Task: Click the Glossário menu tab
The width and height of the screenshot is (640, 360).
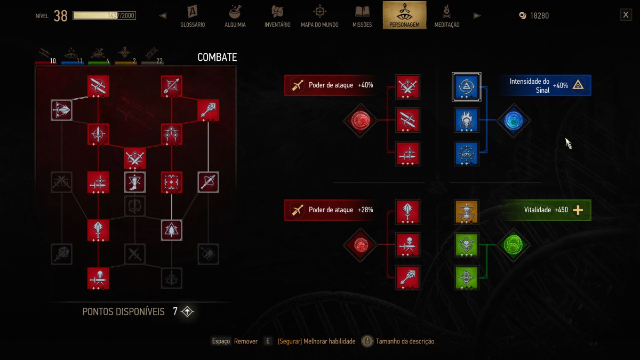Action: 193,17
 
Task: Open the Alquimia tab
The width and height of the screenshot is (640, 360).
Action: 235,17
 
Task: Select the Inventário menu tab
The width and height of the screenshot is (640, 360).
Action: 277,17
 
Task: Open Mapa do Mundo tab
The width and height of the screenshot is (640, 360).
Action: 319,17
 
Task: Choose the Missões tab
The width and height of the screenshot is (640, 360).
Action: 362,17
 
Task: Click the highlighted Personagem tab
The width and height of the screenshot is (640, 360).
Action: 404,15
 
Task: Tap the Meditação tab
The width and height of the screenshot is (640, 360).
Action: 447,17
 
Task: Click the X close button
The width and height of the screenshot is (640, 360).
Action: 626,15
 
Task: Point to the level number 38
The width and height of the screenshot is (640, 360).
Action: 61,15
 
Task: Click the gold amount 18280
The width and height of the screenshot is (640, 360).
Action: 539,15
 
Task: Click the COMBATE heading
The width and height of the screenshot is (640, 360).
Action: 217,57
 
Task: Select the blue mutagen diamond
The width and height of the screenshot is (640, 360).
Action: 514,121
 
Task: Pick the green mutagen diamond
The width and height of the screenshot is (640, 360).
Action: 514,245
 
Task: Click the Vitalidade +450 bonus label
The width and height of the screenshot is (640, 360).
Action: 546,210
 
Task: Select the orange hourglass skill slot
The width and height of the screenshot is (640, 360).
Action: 466,212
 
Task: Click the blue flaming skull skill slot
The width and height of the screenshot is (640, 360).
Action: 466,121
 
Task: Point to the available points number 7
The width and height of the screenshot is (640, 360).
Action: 175,311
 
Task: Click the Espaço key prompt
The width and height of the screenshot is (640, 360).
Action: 221,341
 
